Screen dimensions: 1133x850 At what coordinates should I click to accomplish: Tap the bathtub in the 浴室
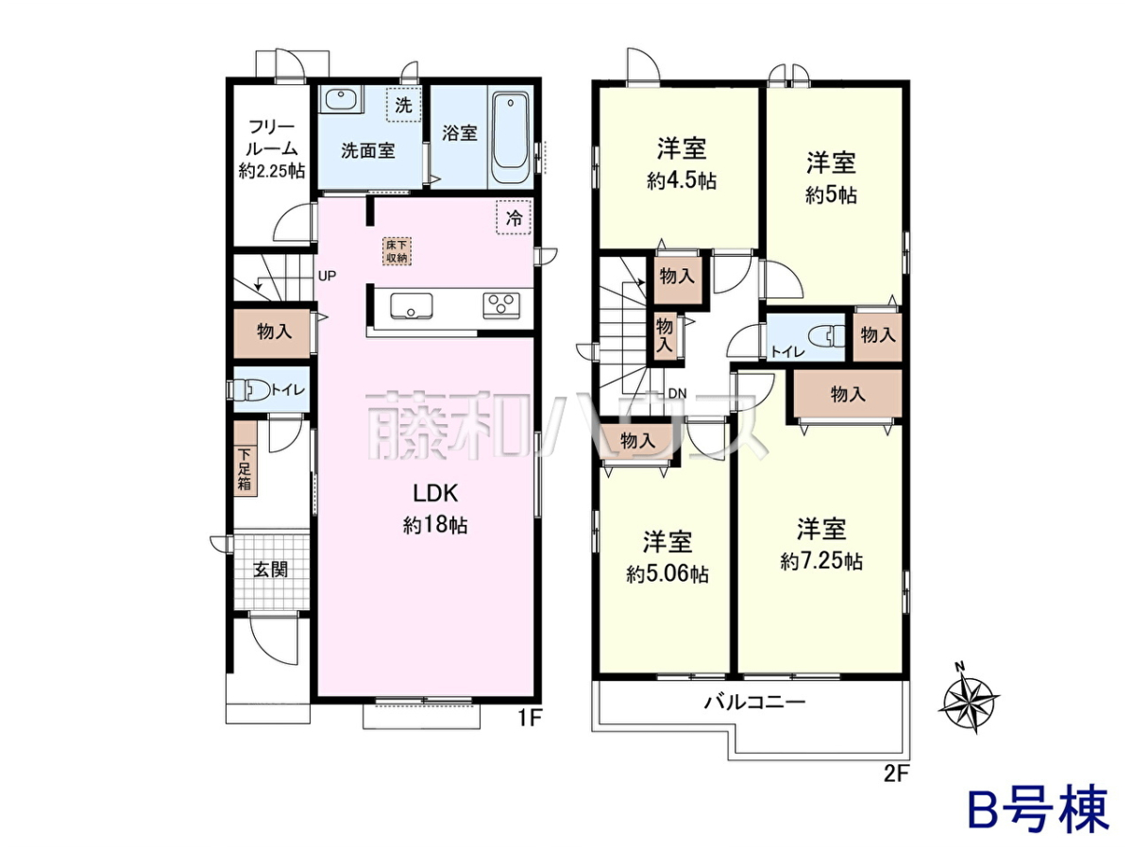click(x=511, y=137)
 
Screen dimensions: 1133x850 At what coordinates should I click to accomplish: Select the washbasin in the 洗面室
click(x=340, y=98)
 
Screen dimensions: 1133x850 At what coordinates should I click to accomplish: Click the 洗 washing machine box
click(x=404, y=104)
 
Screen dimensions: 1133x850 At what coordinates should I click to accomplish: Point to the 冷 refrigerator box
click(x=514, y=217)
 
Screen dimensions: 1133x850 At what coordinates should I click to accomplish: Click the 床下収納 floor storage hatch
click(x=397, y=251)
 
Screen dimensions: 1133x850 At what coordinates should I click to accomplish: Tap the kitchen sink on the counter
click(x=412, y=306)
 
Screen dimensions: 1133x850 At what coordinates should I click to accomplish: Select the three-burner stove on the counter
click(x=501, y=305)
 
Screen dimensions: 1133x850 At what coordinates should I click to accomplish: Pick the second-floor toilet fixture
click(x=826, y=336)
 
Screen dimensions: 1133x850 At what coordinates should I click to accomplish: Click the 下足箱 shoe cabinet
click(x=245, y=459)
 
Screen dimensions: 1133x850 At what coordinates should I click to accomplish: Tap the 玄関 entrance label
click(x=270, y=569)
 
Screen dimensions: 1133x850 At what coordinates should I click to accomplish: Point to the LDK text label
click(x=435, y=494)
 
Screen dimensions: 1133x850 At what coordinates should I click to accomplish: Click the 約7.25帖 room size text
click(x=820, y=561)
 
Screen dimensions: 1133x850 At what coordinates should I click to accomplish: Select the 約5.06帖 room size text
click(x=668, y=574)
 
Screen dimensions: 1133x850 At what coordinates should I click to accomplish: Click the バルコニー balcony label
click(x=754, y=703)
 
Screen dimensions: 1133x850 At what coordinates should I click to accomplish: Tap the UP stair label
click(x=328, y=276)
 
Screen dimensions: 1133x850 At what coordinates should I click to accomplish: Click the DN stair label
click(x=677, y=393)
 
